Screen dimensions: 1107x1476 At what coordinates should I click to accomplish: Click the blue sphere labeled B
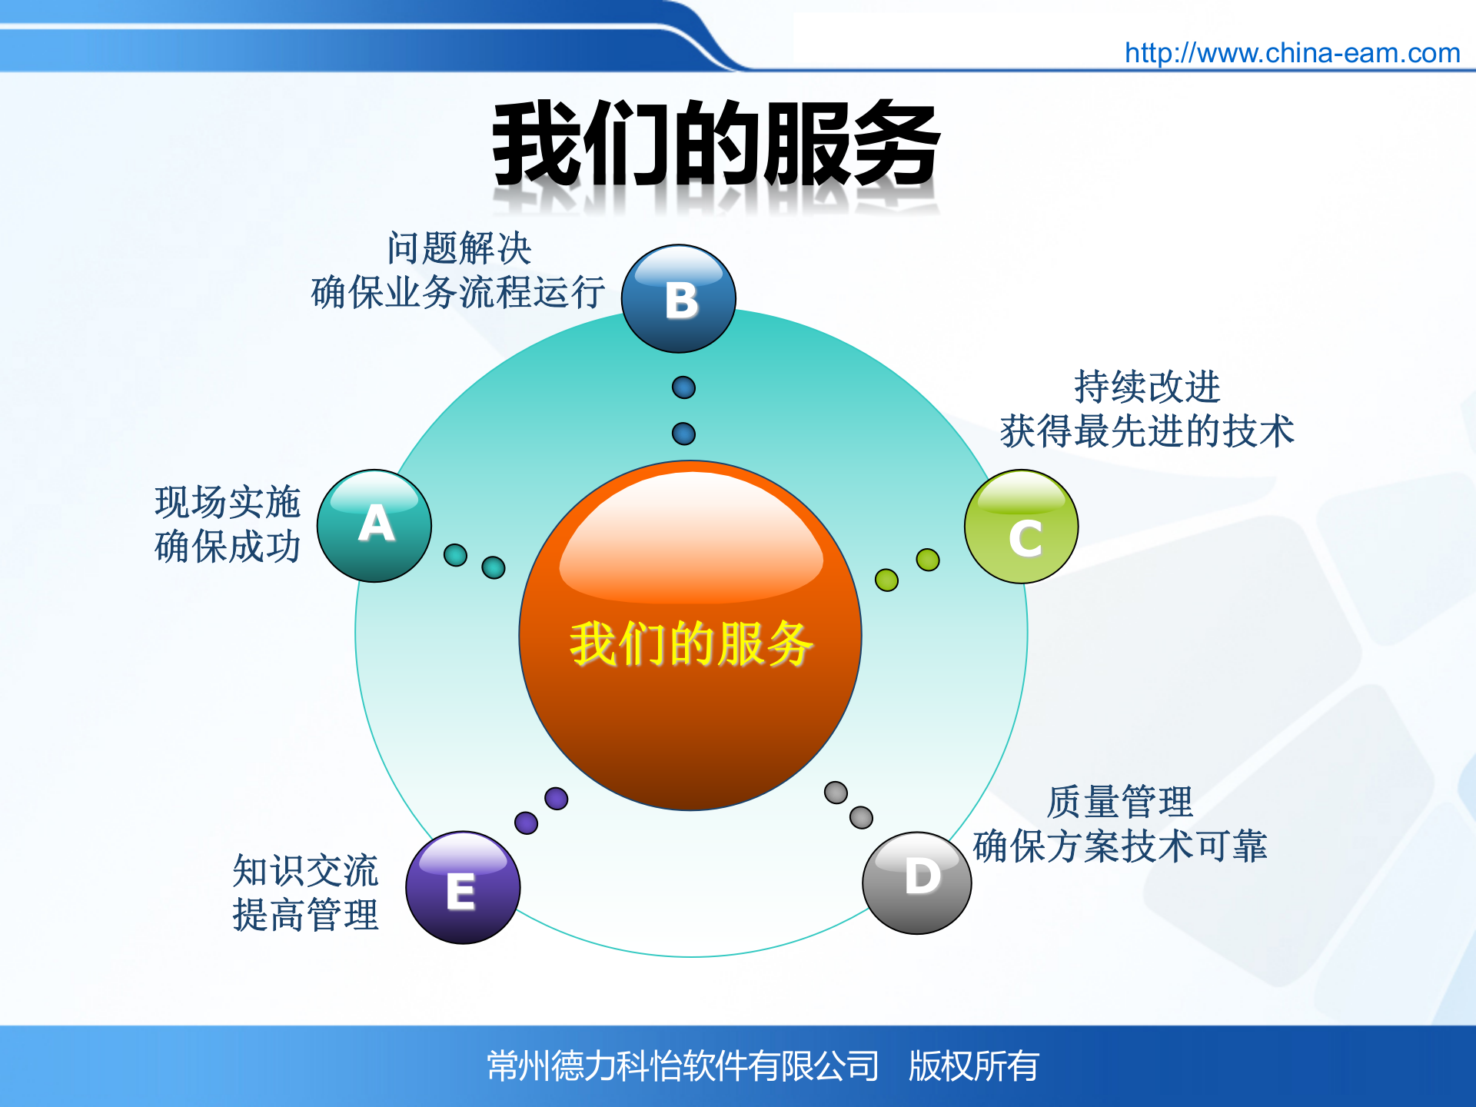(679, 299)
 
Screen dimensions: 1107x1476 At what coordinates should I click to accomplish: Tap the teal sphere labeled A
(374, 526)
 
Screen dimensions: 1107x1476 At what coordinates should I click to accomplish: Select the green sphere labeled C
(1022, 527)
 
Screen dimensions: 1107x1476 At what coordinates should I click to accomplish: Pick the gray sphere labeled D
(917, 883)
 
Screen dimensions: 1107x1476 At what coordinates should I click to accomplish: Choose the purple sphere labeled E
(463, 888)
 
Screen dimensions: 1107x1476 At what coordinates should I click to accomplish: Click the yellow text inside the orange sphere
(690, 644)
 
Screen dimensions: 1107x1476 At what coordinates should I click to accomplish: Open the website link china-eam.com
(1291, 53)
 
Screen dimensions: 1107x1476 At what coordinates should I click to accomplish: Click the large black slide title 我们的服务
(716, 145)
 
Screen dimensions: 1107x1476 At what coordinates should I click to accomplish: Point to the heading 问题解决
(459, 248)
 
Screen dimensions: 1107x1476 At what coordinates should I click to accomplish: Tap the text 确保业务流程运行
(458, 293)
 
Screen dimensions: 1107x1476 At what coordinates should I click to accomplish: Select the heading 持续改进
(1147, 387)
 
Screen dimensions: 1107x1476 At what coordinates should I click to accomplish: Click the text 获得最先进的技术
(1147, 431)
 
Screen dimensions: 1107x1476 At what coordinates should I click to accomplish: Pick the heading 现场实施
(228, 502)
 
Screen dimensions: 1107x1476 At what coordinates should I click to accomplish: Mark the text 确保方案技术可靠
(1119, 846)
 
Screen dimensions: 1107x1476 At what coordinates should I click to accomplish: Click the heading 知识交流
(305, 871)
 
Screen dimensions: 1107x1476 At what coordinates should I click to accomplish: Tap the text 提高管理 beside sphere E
(305, 916)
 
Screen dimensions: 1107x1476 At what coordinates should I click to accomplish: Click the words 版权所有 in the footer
(973, 1066)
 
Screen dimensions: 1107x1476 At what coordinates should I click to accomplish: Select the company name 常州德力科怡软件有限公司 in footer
(683, 1066)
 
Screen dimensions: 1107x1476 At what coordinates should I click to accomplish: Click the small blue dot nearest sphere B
(683, 387)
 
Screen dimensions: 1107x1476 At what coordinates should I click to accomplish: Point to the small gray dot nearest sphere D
(861, 817)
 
